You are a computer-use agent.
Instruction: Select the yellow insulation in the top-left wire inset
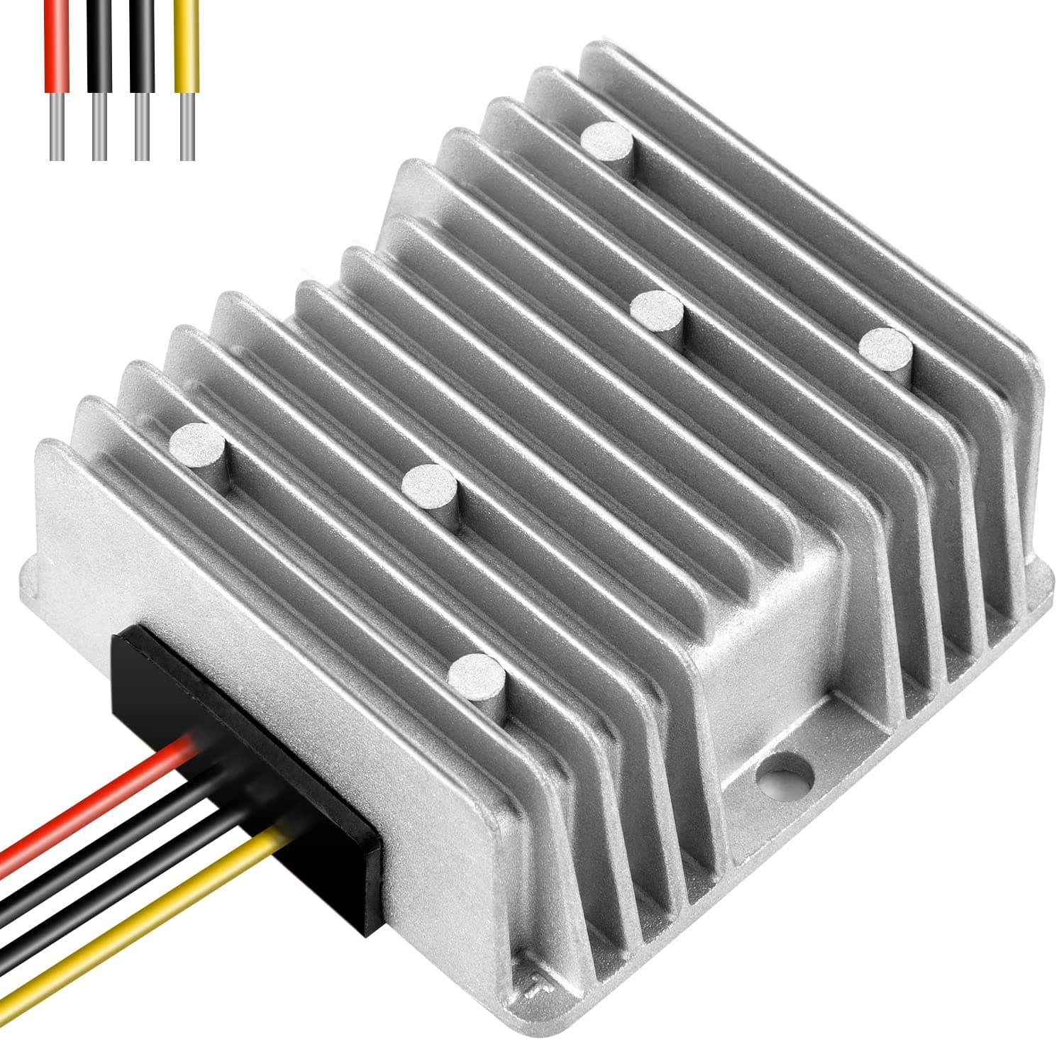[x=187, y=43]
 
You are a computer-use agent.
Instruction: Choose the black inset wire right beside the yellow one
[x=142, y=43]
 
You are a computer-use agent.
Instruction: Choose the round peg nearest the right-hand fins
[x=885, y=348]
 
